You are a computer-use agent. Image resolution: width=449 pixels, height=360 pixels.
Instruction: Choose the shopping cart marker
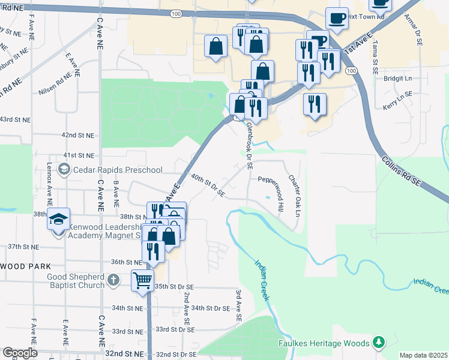tap(143, 281)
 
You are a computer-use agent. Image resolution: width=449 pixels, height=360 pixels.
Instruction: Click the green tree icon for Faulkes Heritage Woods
tap(378, 343)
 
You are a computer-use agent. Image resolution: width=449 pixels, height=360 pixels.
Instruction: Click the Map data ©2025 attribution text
tap(423, 355)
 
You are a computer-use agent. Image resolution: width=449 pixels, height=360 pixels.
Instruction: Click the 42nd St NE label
tap(79, 136)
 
